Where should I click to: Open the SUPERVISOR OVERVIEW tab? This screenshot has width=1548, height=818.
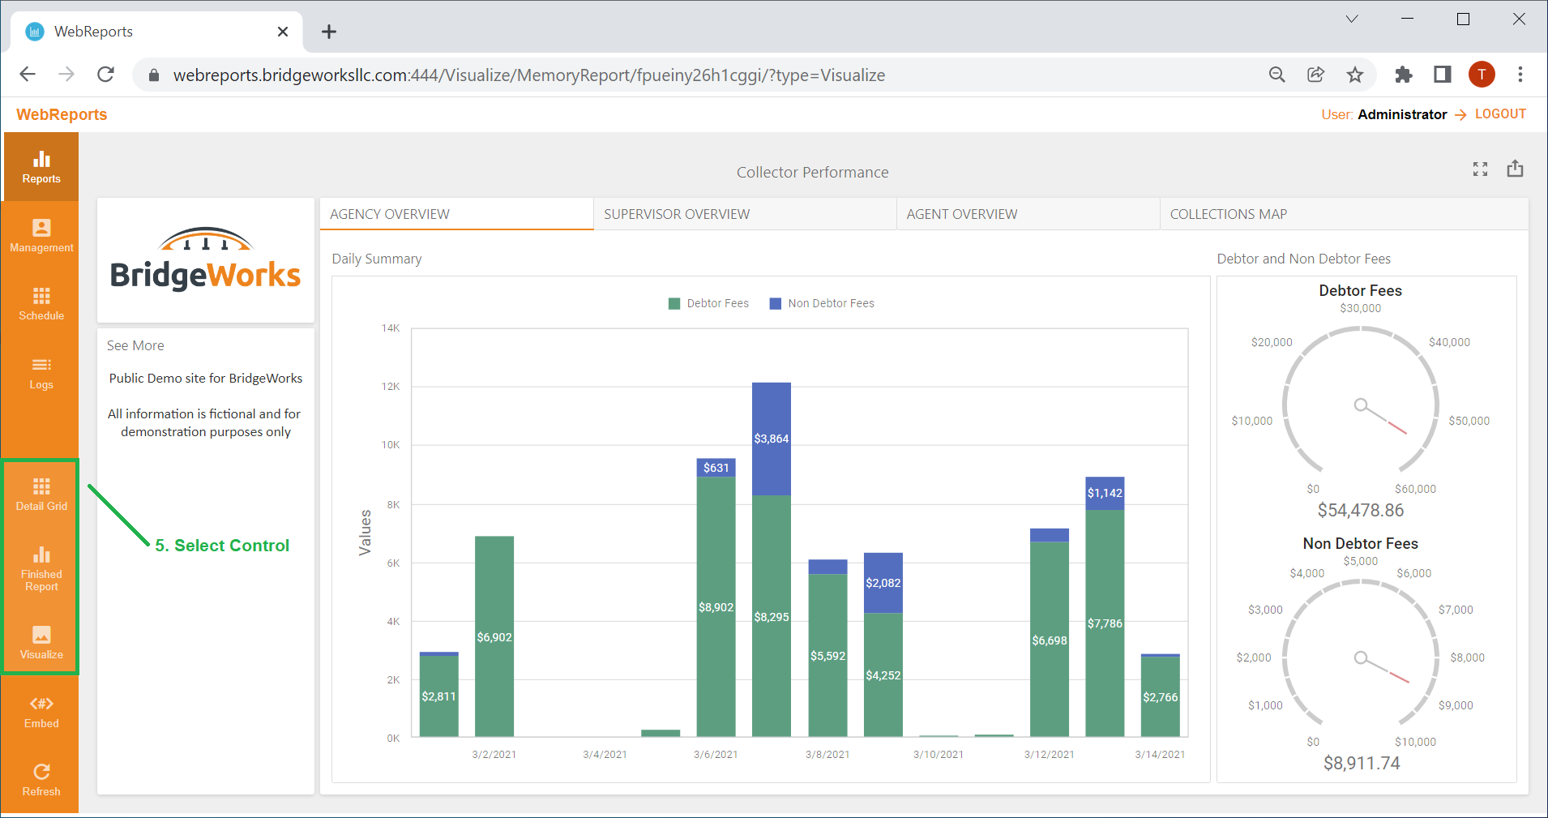(x=677, y=214)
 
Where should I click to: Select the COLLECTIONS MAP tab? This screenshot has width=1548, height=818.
(x=1228, y=214)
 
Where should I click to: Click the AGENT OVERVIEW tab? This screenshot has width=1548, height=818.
(x=961, y=214)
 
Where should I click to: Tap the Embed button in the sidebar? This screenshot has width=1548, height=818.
(x=41, y=712)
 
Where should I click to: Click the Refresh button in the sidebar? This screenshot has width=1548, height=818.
(x=41, y=780)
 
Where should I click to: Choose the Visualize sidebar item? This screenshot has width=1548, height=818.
(x=41, y=642)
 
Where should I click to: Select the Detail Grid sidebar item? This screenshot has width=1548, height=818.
(x=41, y=494)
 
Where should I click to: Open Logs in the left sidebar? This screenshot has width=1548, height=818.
(x=41, y=373)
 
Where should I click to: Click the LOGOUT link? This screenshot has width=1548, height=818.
(x=1500, y=114)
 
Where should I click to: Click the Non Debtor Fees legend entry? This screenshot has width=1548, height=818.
(x=822, y=303)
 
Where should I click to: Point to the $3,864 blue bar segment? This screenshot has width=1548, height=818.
(x=772, y=439)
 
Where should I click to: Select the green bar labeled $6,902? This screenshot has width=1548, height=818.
(x=494, y=636)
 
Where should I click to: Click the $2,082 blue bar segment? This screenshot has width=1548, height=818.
(x=883, y=583)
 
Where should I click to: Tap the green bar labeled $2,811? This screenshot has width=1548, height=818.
(x=439, y=696)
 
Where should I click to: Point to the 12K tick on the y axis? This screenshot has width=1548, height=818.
(x=391, y=387)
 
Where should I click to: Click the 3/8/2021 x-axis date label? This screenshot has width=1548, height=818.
(x=827, y=755)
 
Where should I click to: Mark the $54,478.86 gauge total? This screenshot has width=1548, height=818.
(x=1361, y=511)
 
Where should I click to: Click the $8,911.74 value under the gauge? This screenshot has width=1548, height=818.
(x=1362, y=764)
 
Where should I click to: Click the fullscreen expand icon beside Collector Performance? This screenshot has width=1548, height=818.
(x=1480, y=169)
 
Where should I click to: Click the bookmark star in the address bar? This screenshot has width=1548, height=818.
(x=1355, y=75)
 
